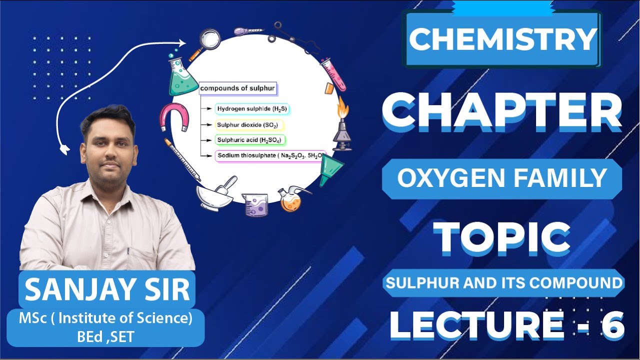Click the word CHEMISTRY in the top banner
tap(503, 39)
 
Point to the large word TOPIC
tap(502, 238)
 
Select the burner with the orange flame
tap(342, 125)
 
